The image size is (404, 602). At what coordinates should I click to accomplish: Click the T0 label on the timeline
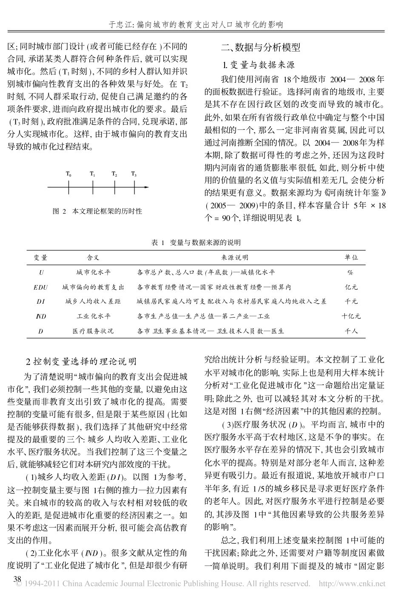pyautogui.click(x=69, y=174)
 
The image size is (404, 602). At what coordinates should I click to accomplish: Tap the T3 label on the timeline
pyautogui.click(x=134, y=174)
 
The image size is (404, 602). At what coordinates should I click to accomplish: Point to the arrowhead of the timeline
pyautogui.click(x=147, y=187)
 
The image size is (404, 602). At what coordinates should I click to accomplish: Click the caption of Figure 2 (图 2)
pyautogui.click(x=97, y=211)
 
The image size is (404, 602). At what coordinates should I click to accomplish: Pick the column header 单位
pyautogui.click(x=351, y=257)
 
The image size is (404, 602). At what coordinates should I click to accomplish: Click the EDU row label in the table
pyautogui.click(x=41, y=287)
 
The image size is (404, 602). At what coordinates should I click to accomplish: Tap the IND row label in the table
pyautogui.click(x=41, y=316)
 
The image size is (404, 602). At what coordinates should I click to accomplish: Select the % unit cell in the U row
pyautogui.click(x=350, y=273)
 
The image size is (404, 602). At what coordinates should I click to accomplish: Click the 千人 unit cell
pyautogui.click(x=351, y=331)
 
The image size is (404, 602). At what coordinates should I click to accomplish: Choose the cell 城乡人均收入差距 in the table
pyautogui.click(x=93, y=302)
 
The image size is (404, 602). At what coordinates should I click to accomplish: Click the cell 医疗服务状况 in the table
pyautogui.click(x=93, y=331)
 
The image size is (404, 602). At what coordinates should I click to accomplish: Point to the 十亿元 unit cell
pyautogui.click(x=351, y=316)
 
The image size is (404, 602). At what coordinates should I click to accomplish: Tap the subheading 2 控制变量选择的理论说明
pyautogui.click(x=82, y=362)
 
